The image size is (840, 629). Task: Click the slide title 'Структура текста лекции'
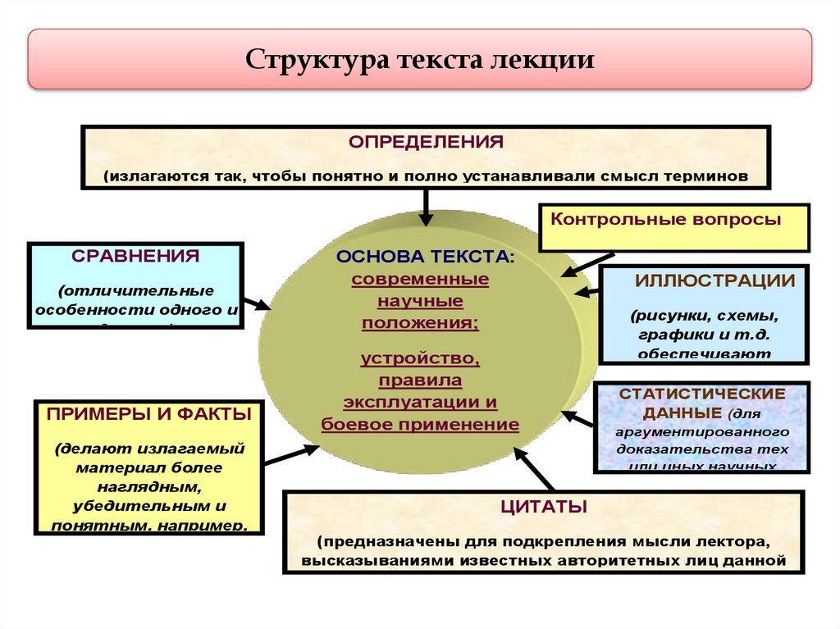pos(420,61)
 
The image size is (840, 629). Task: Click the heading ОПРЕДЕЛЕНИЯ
pos(426,142)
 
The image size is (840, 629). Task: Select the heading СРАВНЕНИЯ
pos(135,255)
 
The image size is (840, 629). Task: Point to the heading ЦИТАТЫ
pos(544,507)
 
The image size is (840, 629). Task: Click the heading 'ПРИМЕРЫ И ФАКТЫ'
pos(148,415)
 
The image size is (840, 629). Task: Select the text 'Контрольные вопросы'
pos(665,220)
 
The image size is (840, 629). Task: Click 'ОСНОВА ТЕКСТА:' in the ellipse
pos(426,257)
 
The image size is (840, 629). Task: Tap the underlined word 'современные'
pos(420,279)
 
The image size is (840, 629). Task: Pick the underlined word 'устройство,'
pos(420,358)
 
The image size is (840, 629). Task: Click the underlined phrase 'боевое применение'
pos(420,424)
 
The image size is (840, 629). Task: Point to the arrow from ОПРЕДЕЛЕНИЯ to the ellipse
pos(426,206)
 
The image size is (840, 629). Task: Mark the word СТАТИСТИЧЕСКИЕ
pos(702,394)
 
